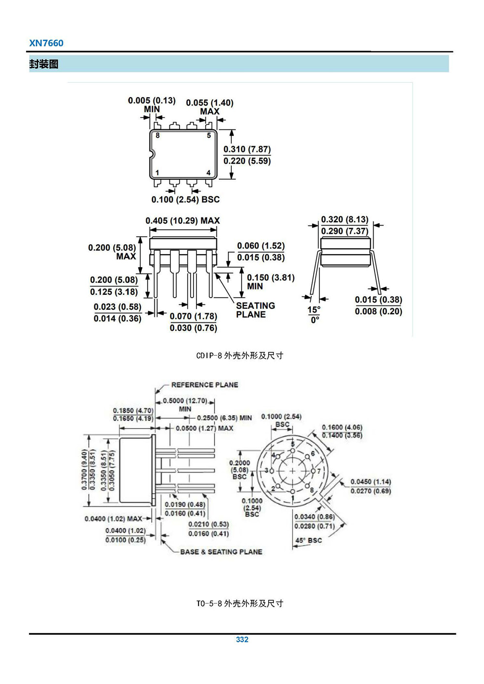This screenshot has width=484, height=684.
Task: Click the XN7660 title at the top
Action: (46, 43)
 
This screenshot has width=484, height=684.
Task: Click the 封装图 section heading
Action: (44, 64)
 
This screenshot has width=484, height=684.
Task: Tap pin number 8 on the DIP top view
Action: (158, 136)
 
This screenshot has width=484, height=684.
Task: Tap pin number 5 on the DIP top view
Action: (209, 136)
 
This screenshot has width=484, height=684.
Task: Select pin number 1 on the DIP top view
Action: (157, 173)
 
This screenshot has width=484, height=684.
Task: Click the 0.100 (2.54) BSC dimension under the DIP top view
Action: (185, 199)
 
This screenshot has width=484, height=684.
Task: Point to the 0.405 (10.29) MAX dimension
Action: (182, 221)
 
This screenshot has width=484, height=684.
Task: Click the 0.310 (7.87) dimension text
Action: (247, 149)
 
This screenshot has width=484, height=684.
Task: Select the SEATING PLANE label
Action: (255, 310)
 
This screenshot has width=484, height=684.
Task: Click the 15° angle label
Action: (314, 310)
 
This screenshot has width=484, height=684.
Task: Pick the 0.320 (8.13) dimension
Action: (345, 219)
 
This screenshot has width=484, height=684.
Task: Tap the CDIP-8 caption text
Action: (240, 355)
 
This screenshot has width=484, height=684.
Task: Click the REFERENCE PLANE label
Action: (205, 385)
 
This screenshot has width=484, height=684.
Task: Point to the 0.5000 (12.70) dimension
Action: (185, 401)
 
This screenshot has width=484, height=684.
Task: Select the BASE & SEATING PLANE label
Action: (221, 551)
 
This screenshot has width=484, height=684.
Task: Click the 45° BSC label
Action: (308, 540)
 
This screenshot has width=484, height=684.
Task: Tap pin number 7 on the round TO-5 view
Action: (318, 471)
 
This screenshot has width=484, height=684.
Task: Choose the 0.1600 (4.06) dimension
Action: (342, 427)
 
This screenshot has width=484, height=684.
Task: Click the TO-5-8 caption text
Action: (240, 603)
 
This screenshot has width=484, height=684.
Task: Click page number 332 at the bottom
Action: (242, 639)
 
